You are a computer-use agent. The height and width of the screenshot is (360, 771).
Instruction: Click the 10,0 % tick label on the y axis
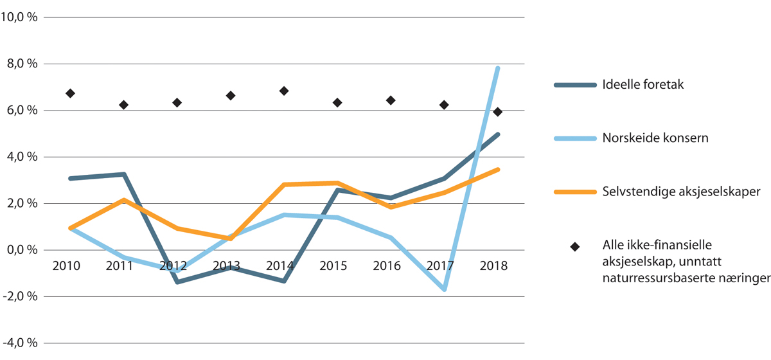(x=20, y=17)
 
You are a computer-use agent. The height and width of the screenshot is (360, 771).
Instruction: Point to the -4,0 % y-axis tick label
(x=20, y=343)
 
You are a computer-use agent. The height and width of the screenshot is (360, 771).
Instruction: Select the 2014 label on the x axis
(x=279, y=265)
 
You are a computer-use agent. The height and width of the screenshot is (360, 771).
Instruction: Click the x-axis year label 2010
(x=67, y=265)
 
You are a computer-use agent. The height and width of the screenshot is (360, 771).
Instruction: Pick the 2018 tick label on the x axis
(x=493, y=265)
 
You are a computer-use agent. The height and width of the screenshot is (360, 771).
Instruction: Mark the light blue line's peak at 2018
(x=497, y=68)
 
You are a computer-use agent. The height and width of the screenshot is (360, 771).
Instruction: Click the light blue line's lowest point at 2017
(x=444, y=289)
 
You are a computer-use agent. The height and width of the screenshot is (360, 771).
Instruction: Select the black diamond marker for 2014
(x=284, y=91)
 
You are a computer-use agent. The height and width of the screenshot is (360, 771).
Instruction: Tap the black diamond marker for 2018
(x=497, y=112)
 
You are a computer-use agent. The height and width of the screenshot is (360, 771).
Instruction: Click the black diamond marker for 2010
(x=71, y=93)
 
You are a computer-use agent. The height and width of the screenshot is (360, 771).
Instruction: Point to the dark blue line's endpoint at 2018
(x=497, y=134)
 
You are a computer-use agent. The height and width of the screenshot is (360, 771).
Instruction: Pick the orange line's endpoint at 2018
(x=497, y=170)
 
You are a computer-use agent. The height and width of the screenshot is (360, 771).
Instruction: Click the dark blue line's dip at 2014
(x=283, y=281)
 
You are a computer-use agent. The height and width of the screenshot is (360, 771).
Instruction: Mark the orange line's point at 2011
(x=124, y=200)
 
